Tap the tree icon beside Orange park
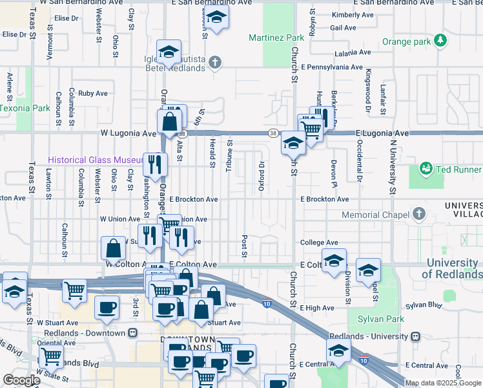click(x=440, y=41)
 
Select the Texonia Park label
click(x=24, y=108)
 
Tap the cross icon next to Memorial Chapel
click(x=419, y=214)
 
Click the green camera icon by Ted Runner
click(x=426, y=169)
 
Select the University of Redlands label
click(x=451, y=269)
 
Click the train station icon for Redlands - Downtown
click(x=132, y=333)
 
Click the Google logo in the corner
click(x=21, y=380)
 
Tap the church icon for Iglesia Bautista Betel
click(x=215, y=63)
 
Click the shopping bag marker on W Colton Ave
click(x=114, y=248)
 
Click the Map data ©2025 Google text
click(x=444, y=383)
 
